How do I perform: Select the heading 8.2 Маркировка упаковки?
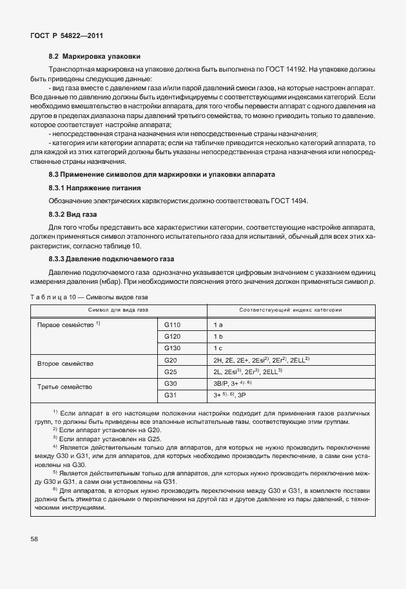[x=95, y=56]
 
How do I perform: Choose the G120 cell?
[x=173, y=336]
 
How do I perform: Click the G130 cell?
[x=173, y=348]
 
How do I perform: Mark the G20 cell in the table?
[x=171, y=359]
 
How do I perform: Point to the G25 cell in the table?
[x=171, y=372]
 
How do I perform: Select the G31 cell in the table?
[x=171, y=394]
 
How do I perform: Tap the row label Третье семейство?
[x=65, y=387]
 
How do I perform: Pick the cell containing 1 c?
[x=218, y=348]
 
